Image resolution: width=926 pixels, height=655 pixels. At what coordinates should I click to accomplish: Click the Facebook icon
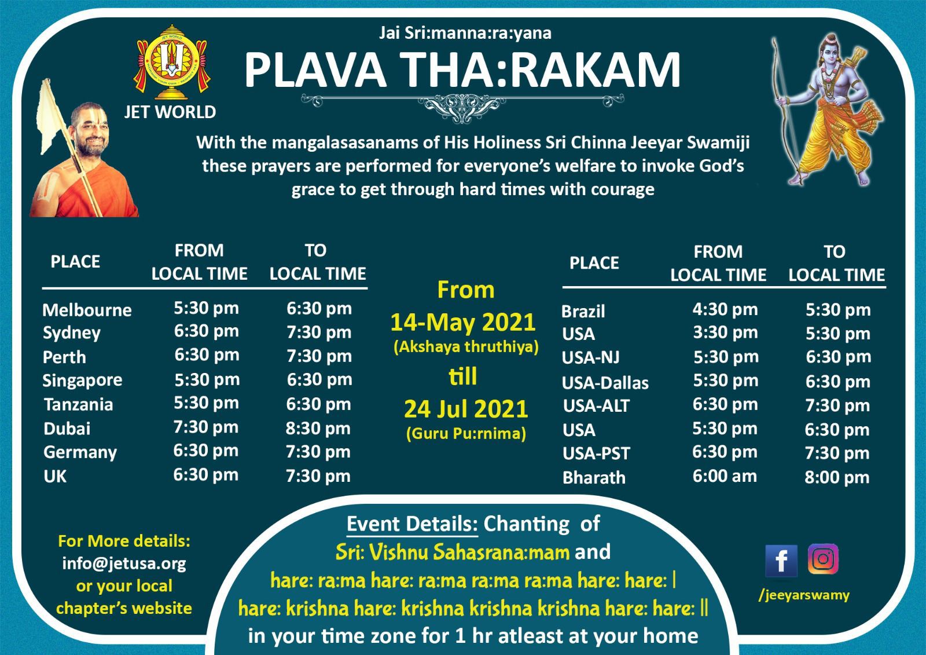[781, 560]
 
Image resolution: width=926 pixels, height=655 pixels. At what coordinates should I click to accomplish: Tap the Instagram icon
[823, 559]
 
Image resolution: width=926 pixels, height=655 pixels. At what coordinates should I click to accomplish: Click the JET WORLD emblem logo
[171, 62]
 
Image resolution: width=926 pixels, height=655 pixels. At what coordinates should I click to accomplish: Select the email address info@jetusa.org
[124, 563]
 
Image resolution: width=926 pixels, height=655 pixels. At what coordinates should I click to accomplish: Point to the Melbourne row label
[87, 310]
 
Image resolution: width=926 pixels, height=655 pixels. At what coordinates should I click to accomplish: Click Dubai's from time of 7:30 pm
[206, 427]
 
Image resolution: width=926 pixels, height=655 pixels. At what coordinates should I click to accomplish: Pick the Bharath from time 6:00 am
[725, 476]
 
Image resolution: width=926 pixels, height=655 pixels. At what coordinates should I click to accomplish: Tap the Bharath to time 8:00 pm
[837, 477]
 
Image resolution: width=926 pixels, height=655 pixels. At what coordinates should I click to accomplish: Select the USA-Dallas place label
[605, 383]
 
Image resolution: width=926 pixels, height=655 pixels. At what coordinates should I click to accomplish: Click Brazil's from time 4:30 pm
[725, 309]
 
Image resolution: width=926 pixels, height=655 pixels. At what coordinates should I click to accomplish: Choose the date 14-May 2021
[463, 323]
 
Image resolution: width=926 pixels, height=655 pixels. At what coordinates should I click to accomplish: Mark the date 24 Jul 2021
[466, 409]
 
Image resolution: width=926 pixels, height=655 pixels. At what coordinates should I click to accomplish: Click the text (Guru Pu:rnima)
[466, 433]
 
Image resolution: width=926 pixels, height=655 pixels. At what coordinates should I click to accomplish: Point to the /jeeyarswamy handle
[804, 595]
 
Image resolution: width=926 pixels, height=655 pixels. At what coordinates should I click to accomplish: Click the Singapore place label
[82, 380]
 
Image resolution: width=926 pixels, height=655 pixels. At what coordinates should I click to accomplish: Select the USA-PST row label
[596, 453]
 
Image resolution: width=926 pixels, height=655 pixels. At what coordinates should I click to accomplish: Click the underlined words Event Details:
[412, 524]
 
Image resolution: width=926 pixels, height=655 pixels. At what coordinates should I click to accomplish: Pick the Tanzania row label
[79, 405]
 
